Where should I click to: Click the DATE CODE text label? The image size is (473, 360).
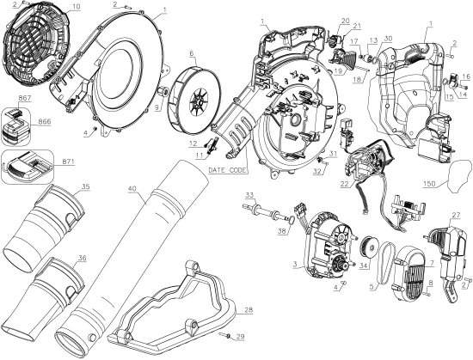click(x=228, y=171)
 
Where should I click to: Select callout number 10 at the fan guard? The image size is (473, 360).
click(x=75, y=7)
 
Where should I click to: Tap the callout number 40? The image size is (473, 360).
click(x=132, y=188)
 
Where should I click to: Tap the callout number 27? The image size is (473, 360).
click(x=456, y=216)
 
